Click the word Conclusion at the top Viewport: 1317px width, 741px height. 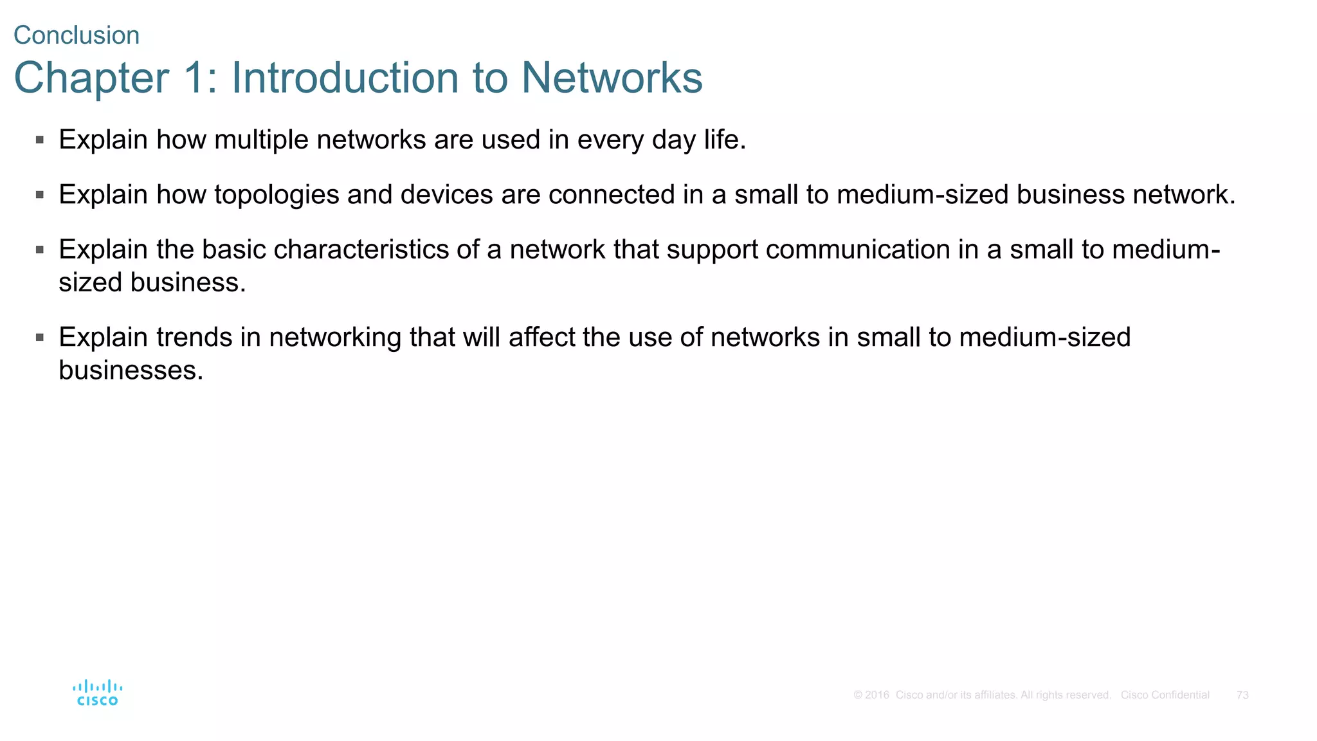pos(76,35)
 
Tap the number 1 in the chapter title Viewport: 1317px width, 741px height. pos(194,78)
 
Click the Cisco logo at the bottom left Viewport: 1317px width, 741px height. pos(97,693)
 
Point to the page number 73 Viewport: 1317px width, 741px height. pos(1242,695)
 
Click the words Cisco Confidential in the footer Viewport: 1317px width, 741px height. pos(1165,695)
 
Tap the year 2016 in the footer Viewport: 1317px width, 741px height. pos(877,695)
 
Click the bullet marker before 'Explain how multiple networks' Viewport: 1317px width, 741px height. pos(40,140)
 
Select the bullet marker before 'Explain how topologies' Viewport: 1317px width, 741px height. pos(40,194)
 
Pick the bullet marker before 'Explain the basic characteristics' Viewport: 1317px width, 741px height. pos(40,250)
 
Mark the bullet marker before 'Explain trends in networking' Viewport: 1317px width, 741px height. pos(40,337)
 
